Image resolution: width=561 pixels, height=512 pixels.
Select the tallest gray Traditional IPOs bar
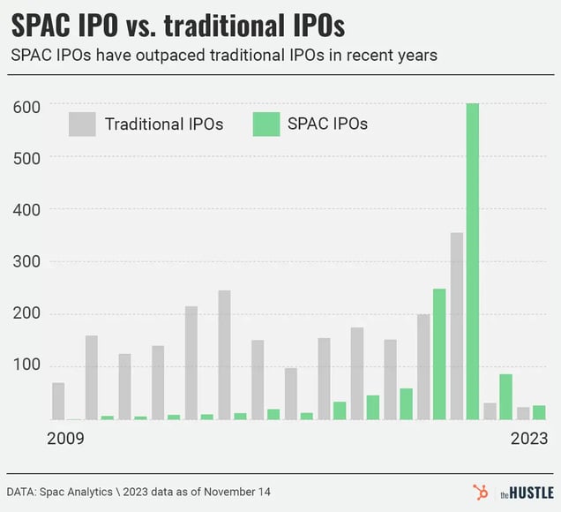pos(456,326)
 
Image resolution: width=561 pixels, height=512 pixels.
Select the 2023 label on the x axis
pos(528,438)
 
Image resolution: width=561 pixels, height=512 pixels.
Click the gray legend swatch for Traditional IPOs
pos(82,124)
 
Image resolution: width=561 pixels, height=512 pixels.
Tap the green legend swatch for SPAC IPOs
pos(266,124)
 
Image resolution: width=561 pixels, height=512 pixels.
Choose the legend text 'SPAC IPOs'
pos(327,124)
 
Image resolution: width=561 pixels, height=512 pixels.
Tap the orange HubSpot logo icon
pos(481,492)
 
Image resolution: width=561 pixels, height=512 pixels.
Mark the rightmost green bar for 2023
pos(539,412)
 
